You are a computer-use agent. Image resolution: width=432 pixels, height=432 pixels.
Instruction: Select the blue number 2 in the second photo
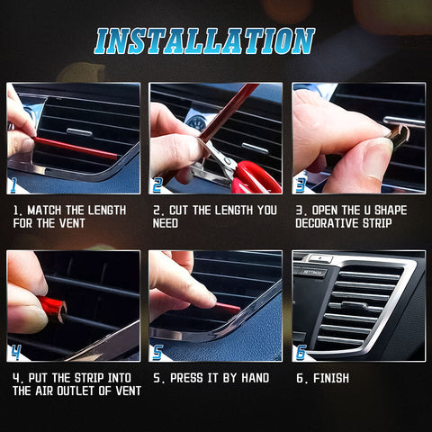coord(157,185)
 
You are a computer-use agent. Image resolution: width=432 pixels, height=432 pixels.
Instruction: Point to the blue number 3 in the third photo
coord(301,185)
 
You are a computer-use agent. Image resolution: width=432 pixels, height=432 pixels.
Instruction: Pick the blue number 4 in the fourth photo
coord(15,352)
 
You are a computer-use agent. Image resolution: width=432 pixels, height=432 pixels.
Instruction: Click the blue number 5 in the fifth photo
coord(157,352)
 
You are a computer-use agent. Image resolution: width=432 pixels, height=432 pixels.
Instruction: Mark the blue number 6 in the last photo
coord(301,352)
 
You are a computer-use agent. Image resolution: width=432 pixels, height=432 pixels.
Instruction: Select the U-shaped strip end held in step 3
coord(398,136)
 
